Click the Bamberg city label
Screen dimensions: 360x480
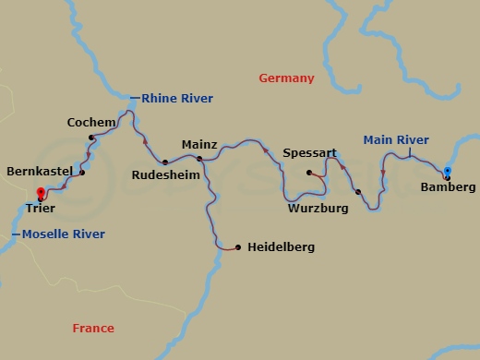tap(448, 187)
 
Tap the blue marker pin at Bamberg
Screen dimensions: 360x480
tap(447, 171)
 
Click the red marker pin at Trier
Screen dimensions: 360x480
tap(41, 194)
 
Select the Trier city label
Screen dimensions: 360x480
tap(41, 210)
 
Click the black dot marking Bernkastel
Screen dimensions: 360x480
tap(82, 173)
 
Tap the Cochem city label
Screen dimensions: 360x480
tap(91, 122)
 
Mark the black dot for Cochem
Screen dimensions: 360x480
tap(91, 138)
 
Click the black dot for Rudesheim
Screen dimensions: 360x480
tap(165, 159)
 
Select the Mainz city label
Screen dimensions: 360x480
tap(199, 145)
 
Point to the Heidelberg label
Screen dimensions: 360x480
tap(282, 247)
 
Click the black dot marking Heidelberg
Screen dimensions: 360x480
tap(238, 247)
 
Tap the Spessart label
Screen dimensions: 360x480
tap(309, 152)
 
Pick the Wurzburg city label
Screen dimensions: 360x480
tap(318, 209)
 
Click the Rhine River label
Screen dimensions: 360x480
tap(176, 99)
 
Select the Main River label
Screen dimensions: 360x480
tap(396, 140)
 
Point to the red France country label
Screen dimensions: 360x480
tap(93, 329)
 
